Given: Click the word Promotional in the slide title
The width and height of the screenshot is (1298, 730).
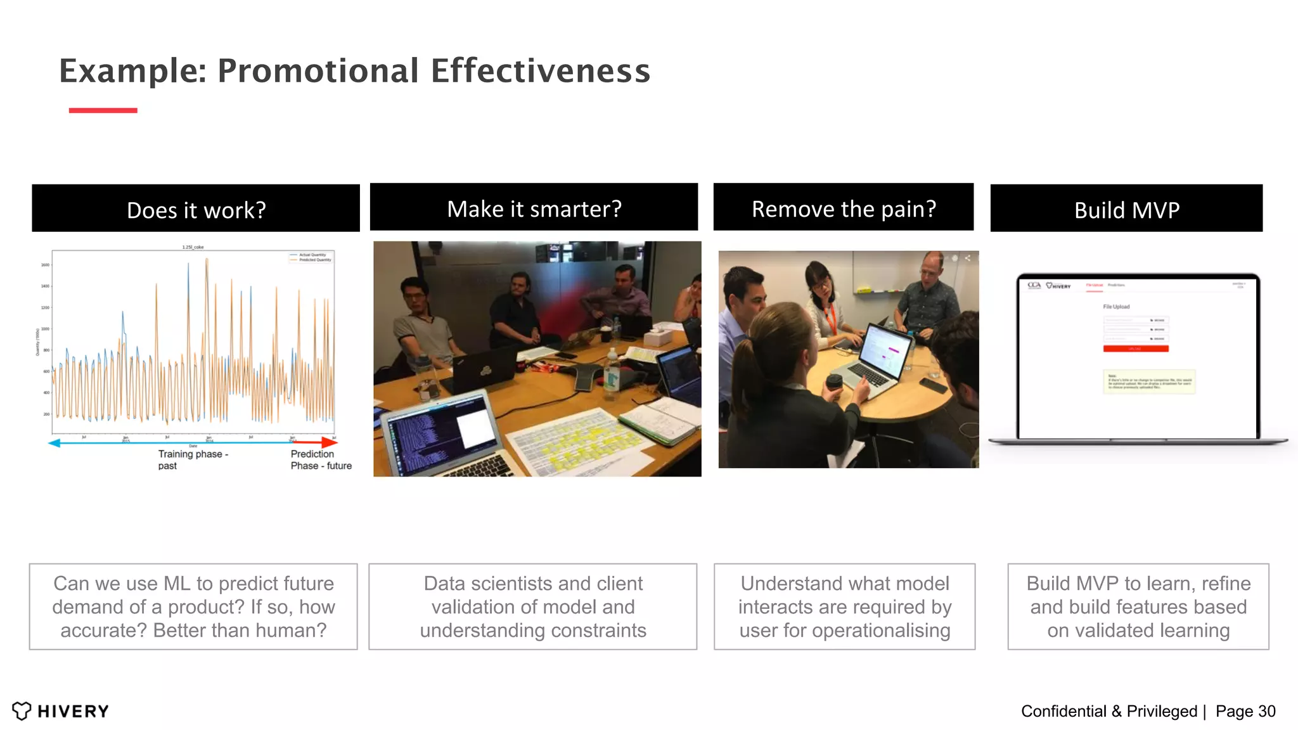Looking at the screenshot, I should pyautogui.click(x=318, y=70).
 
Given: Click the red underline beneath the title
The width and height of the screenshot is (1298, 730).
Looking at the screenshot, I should pyautogui.click(x=103, y=110).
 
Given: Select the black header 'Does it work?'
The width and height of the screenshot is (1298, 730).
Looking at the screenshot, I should pyautogui.click(x=196, y=209).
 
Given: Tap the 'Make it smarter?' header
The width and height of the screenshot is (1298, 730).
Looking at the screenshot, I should pyautogui.click(x=534, y=208).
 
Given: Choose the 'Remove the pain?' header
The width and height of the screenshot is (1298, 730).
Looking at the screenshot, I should pyautogui.click(x=843, y=208).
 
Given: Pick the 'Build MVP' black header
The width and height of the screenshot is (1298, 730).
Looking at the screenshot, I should pyautogui.click(x=1126, y=209).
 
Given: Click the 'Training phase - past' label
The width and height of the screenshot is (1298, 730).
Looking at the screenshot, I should pyautogui.click(x=192, y=459).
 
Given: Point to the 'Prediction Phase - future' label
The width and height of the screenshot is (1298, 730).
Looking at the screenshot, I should pyautogui.click(x=320, y=459).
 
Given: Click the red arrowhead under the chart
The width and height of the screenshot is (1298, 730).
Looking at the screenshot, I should pyautogui.click(x=330, y=442).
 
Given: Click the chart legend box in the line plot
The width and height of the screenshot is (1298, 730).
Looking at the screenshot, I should pyautogui.click(x=311, y=257).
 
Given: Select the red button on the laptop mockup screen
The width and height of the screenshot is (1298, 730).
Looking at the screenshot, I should pyautogui.click(x=1135, y=349).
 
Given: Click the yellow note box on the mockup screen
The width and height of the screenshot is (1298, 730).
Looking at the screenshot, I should pyautogui.click(x=1148, y=382).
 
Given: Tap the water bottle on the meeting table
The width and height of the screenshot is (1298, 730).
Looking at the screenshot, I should pyautogui.click(x=611, y=374).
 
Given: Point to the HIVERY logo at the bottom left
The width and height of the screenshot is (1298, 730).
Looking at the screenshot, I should pyautogui.click(x=61, y=711).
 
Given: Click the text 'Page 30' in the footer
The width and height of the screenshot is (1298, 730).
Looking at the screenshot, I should pyautogui.click(x=1245, y=711).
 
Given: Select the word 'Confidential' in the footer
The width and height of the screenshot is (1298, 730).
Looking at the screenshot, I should pyautogui.click(x=1063, y=711).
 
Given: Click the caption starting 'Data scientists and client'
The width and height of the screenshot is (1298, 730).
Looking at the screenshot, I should pyautogui.click(x=532, y=606).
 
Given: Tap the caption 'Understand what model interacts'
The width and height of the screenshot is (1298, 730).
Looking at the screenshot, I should pyautogui.click(x=844, y=606).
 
